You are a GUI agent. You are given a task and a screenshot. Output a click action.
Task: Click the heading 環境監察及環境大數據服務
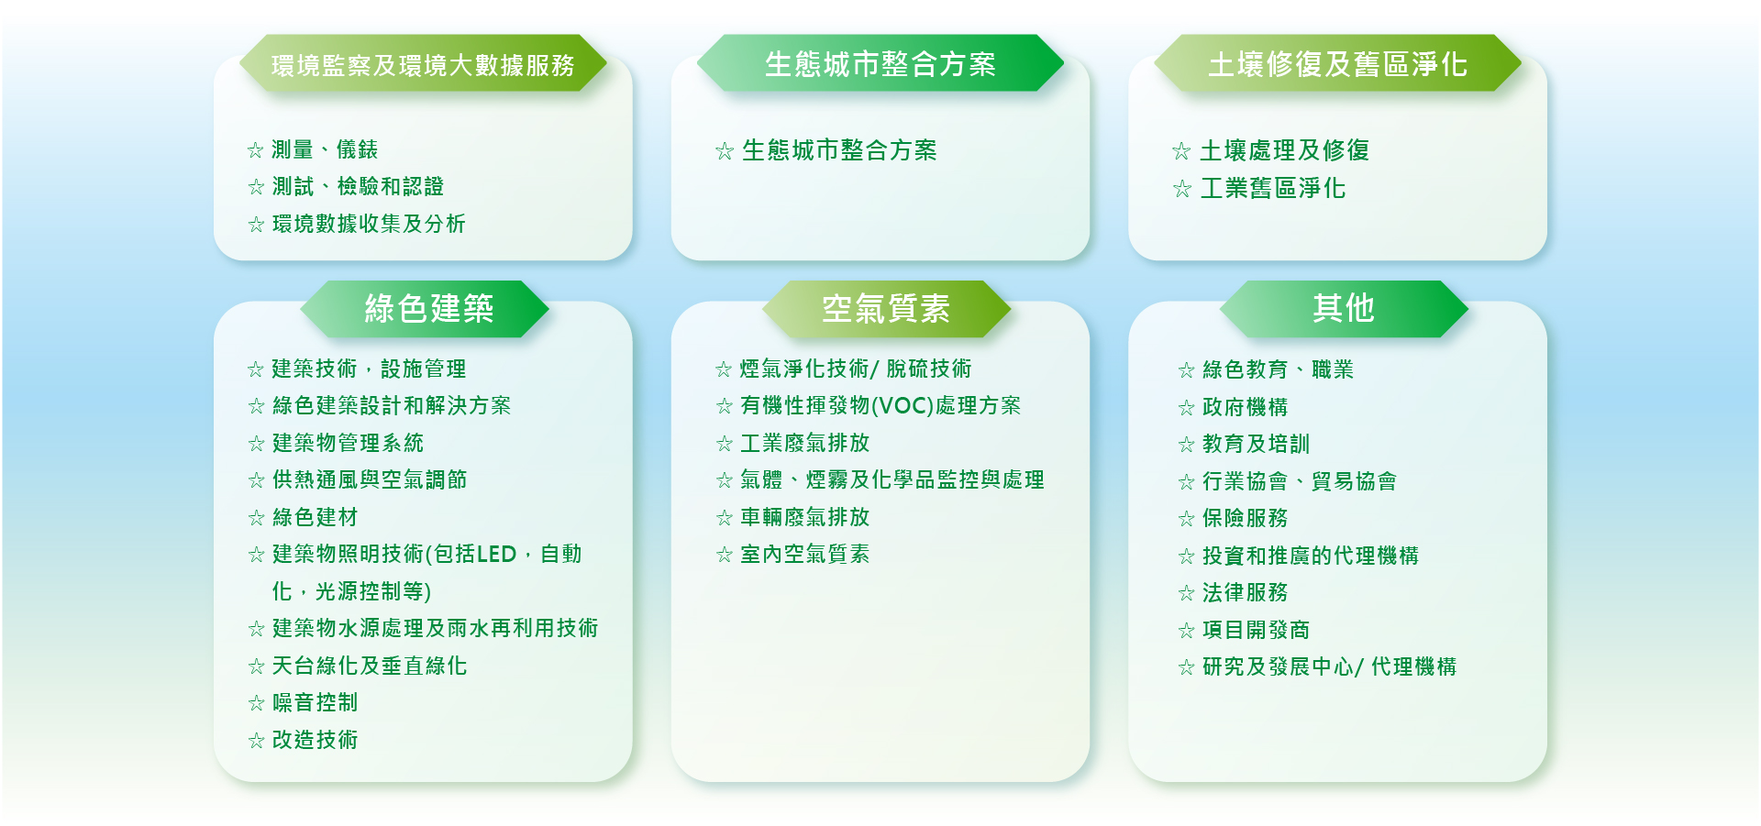(x=423, y=65)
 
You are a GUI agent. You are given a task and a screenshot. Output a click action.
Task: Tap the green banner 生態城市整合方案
(x=880, y=63)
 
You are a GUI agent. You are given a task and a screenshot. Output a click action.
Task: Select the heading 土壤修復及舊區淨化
(x=1338, y=64)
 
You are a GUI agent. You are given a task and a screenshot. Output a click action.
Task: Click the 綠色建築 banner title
(x=429, y=309)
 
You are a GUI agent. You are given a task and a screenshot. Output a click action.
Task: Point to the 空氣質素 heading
(x=886, y=309)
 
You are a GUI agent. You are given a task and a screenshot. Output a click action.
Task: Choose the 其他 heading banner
(x=1344, y=308)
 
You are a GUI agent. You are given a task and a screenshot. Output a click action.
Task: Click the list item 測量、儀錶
(x=325, y=149)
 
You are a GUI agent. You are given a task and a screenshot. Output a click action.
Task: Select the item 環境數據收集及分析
(x=369, y=224)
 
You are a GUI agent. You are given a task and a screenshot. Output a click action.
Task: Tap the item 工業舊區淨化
(x=1273, y=188)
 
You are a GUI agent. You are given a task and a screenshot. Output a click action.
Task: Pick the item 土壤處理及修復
(x=1285, y=150)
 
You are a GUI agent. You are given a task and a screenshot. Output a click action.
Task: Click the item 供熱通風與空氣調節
(x=370, y=479)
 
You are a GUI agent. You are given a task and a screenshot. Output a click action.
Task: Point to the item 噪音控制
(x=316, y=702)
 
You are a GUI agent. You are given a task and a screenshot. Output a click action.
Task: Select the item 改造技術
(x=316, y=740)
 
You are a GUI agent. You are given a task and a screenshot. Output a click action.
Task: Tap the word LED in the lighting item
(x=496, y=554)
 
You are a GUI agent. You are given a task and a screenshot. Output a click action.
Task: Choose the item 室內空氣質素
(x=805, y=554)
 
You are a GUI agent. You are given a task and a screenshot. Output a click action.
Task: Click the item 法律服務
(x=1246, y=592)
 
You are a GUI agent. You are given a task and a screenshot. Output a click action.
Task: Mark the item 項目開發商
(x=1257, y=630)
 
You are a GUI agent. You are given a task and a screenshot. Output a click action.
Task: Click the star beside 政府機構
(x=1186, y=408)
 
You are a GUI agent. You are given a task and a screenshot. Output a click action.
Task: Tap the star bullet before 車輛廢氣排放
(x=724, y=518)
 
